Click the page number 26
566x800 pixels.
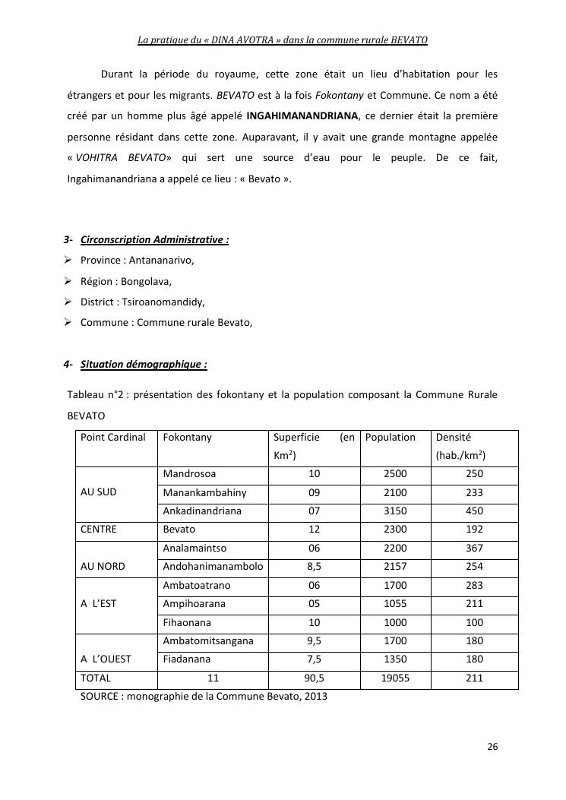click(x=492, y=747)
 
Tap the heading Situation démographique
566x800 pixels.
click(x=144, y=364)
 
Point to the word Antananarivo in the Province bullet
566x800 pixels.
click(x=161, y=261)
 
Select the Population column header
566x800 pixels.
click(x=391, y=438)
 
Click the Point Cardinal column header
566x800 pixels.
click(x=113, y=438)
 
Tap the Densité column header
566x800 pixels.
click(x=454, y=438)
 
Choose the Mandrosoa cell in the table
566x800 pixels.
click(x=189, y=474)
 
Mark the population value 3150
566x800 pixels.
click(x=395, y=511)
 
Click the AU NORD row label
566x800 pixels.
click(x=103, y=567)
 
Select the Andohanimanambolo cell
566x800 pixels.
click(x=213, y=567)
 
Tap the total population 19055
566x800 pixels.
click(x=395, y=678)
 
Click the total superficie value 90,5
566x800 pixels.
click(x=314, y=678)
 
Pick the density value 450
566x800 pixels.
click(x=474, y=511)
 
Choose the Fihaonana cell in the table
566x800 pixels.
click(x=188, y=623)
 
